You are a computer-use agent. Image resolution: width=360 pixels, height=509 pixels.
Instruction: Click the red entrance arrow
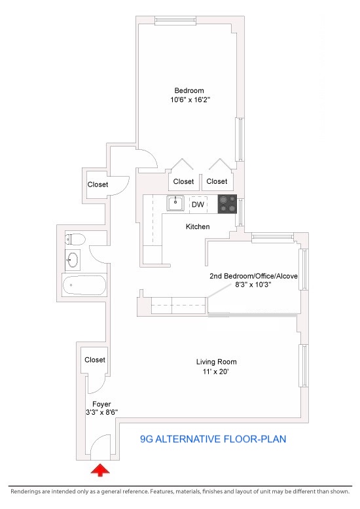click(x=100, y=470)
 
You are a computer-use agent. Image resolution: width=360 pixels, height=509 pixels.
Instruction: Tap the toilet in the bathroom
click(x=75, y=239)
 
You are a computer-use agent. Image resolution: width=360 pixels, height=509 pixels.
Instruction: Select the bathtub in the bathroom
click(x=84, y=285)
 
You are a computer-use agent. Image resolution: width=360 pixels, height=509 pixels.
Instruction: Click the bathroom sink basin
click(x=73, y=260)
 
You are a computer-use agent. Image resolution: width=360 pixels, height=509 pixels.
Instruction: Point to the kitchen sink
click(x=175, y=203)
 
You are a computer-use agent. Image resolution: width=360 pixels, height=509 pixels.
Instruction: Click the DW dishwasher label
click(x=198, y=204)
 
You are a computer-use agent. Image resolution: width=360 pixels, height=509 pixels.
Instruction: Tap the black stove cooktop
click(x=227, y=204)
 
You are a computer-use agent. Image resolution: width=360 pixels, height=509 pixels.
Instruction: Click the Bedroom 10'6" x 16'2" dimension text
click(x=190, y=99)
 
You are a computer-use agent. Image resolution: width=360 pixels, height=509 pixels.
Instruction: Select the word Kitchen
click(x=198, y=226)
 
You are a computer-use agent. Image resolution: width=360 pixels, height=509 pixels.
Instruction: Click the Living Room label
click(x=216, y=362)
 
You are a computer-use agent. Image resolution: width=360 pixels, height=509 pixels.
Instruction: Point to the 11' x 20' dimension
click(x=216, y=372)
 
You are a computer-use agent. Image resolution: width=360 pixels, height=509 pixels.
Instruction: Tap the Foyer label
click(x=101, y=404)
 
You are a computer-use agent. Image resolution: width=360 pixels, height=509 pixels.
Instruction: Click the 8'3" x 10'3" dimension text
click(x=253, y=285)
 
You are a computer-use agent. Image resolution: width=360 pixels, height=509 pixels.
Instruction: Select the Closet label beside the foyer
click(x=95, y=360)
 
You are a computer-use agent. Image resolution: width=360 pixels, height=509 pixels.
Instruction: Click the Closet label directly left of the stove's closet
click(x=183, y=181)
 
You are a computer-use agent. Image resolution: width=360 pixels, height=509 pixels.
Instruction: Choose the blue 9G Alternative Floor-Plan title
click(x=213, y=439)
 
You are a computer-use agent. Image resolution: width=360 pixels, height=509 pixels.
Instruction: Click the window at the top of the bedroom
click(x=176, y=21)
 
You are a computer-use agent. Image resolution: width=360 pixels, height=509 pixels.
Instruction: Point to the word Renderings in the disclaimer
click(x=26, y=491)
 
